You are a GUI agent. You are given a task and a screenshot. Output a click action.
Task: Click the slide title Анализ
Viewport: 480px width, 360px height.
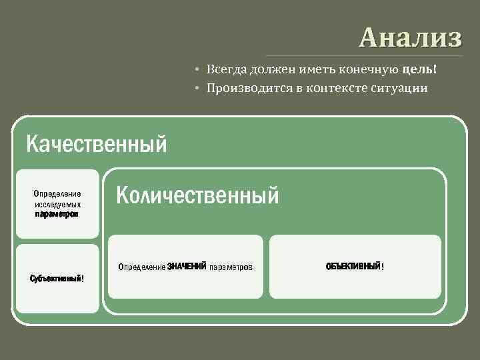[410, 37]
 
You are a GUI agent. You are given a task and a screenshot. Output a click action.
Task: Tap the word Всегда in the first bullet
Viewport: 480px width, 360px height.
[225, 70]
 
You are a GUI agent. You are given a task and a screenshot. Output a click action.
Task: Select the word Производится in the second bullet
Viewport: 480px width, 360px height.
[245, 87]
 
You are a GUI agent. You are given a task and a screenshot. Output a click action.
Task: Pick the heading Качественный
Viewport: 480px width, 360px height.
[95, 143]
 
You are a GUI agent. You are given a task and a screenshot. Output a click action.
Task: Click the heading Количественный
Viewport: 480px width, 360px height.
[197, 195]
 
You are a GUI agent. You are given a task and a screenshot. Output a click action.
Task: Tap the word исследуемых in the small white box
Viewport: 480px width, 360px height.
[57, 204]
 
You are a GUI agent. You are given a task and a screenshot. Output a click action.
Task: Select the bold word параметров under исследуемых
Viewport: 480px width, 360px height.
[57, 215]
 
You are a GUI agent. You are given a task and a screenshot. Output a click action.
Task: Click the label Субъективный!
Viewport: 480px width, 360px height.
[57, 278]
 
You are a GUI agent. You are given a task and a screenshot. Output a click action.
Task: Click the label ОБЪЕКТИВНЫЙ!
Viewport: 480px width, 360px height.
[355, 267]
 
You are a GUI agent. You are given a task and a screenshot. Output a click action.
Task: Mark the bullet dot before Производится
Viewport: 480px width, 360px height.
[198, 88]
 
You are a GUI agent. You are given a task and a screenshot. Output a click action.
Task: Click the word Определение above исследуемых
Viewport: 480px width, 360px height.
[57, 194]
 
